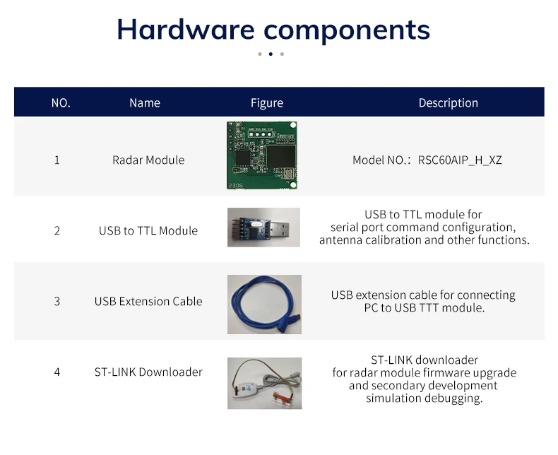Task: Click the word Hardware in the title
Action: coord(185,30)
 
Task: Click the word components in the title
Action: coord(346,30)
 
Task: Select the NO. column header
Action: coord(61,103)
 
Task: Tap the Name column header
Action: coord(145,103)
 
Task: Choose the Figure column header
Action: coord(267,103)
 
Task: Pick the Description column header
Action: coord(448,103)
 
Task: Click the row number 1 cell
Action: coord(57,160)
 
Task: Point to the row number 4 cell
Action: coord(57,372)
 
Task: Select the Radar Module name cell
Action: coord(148,160)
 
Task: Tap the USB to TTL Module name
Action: coord(148,231)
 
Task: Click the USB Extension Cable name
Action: coord(148,302)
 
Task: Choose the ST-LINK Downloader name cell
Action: coord(148,372)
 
